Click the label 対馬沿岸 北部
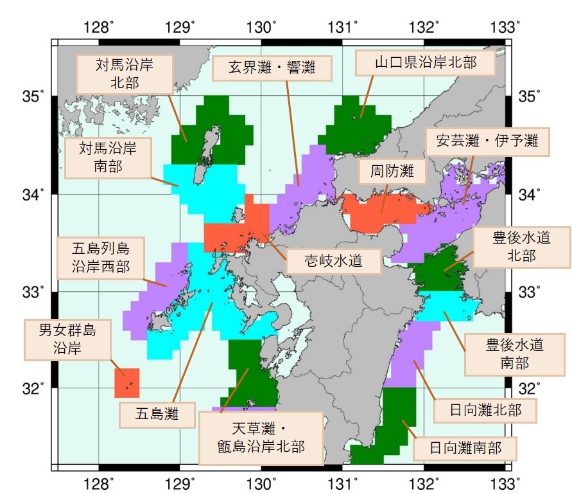pyautogui.click(x=125, y=73)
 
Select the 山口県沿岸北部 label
pyautogui.click(x=426, y=62)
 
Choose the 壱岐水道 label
pyautogui.click(x=325, y=260)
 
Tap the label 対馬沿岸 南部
pyautogui.click(x=107, y=157)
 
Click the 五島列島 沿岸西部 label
pyautogui.click(x=101, y=256)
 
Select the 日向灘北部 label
pyautogui.click(x=485, y=410)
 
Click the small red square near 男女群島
pyautogui.click(x=127, y=383)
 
